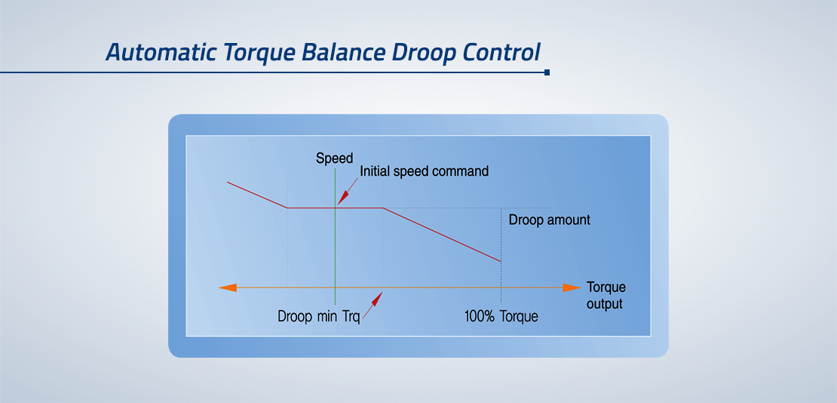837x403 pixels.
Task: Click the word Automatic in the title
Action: click(161, 52)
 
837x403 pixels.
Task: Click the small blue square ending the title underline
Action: click(547, 72)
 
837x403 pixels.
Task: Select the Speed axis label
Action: click(335, 158)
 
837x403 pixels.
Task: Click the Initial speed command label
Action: click(425, 171)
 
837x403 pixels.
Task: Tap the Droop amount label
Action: click(549, 220)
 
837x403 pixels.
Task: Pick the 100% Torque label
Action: click(501, 316)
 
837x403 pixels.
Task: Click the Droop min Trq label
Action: click(319, 316)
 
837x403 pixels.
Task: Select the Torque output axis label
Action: click(606, 296)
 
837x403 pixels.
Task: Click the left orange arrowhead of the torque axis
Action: click(228, 288)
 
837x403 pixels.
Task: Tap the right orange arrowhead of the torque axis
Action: click(572, 288)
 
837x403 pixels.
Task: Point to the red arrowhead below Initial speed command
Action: click(342, 198)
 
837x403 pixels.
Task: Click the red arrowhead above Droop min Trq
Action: click(377, 299)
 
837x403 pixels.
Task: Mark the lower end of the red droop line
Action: click(501, 261)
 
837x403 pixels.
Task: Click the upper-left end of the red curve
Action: click(228, 183)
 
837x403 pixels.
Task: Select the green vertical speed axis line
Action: click(336, 236)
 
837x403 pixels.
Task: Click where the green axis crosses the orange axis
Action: click(336, 288)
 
